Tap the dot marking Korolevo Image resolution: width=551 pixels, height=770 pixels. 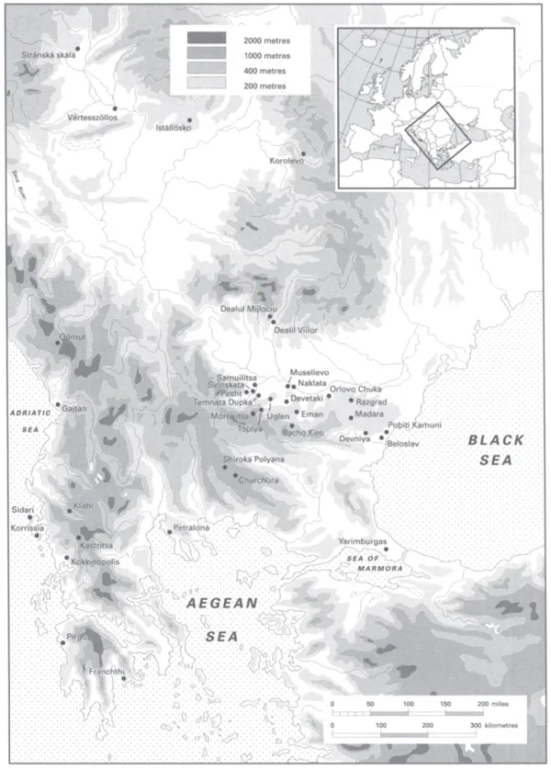[x=302, y=153]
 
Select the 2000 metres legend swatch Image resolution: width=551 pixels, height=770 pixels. [x=207, y=38]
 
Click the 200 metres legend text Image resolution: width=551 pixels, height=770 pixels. [x=264, y=85]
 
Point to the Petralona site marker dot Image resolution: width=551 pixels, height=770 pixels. [x=168, y=530]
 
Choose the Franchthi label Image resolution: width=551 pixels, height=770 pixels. [x=107, y=672]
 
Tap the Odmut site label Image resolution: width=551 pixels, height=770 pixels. [x=72, y=337]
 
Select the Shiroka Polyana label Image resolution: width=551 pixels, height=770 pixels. [x=254, y=459]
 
